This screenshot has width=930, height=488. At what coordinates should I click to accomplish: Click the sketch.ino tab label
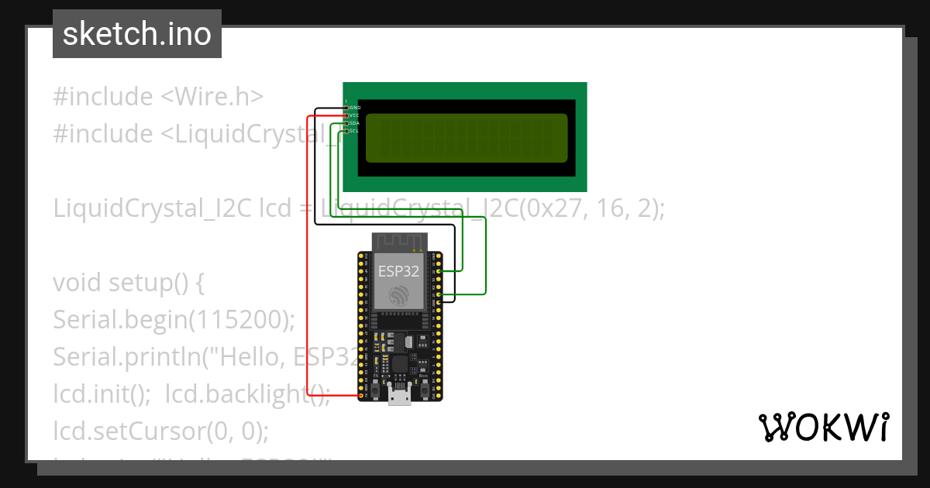136,34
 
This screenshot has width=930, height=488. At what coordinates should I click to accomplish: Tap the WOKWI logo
824,427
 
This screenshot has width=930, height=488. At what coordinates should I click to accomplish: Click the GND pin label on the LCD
355,108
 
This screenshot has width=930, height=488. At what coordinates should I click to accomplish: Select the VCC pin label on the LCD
354,115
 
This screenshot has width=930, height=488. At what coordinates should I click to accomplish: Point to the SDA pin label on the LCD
354,123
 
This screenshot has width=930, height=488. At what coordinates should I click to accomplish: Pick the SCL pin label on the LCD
354,131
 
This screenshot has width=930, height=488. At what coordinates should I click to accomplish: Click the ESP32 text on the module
399,271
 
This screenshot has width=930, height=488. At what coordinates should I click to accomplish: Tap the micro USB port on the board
400,396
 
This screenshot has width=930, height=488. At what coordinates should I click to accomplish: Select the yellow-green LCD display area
466,138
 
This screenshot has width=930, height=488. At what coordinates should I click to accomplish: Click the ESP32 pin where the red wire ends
360,396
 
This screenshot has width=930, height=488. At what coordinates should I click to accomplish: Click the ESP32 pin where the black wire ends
439,302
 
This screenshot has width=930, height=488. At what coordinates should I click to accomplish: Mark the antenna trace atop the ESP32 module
399,242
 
